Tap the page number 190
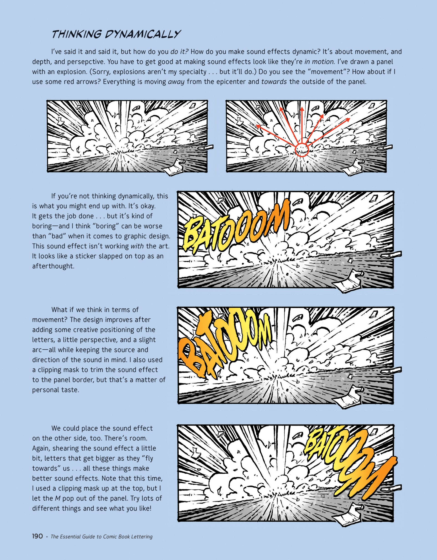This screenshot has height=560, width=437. pyautogui.click(x=37, y=536)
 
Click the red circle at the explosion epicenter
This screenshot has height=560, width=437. pyautogui.click(x=302, y=150)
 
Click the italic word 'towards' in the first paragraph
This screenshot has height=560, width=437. pyautogui.click(x=274, y=82)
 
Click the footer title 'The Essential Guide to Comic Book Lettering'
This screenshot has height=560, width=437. pyautogui.click(x=102, y=537)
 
